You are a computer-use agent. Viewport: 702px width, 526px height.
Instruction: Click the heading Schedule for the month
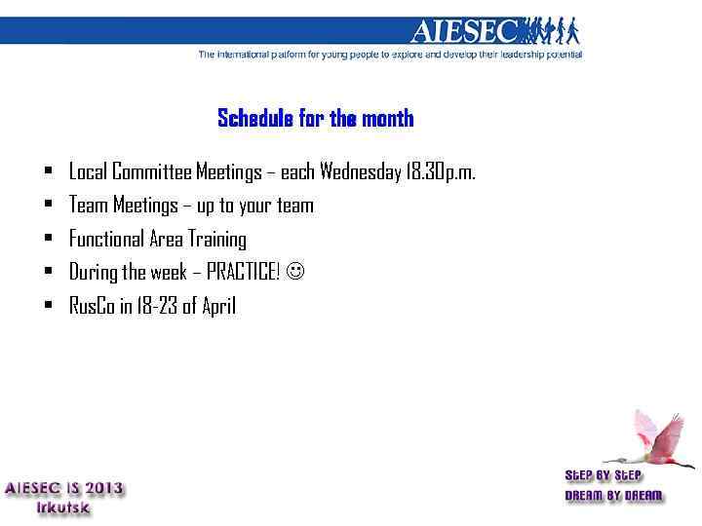click(x=315, y=119)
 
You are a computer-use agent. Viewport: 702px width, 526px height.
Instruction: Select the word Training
click(x=216, y=240)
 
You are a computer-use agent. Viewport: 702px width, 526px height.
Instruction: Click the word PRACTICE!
click(x=243, y=273)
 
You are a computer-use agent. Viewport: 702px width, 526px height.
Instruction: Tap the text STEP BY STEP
click(x=604, y=475)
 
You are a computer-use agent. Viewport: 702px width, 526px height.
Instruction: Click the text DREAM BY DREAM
click(x=613, y=496)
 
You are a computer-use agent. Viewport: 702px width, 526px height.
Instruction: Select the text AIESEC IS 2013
click(x=65, y=489)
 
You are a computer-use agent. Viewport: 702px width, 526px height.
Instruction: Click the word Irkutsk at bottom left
click(x=64, y=507)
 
